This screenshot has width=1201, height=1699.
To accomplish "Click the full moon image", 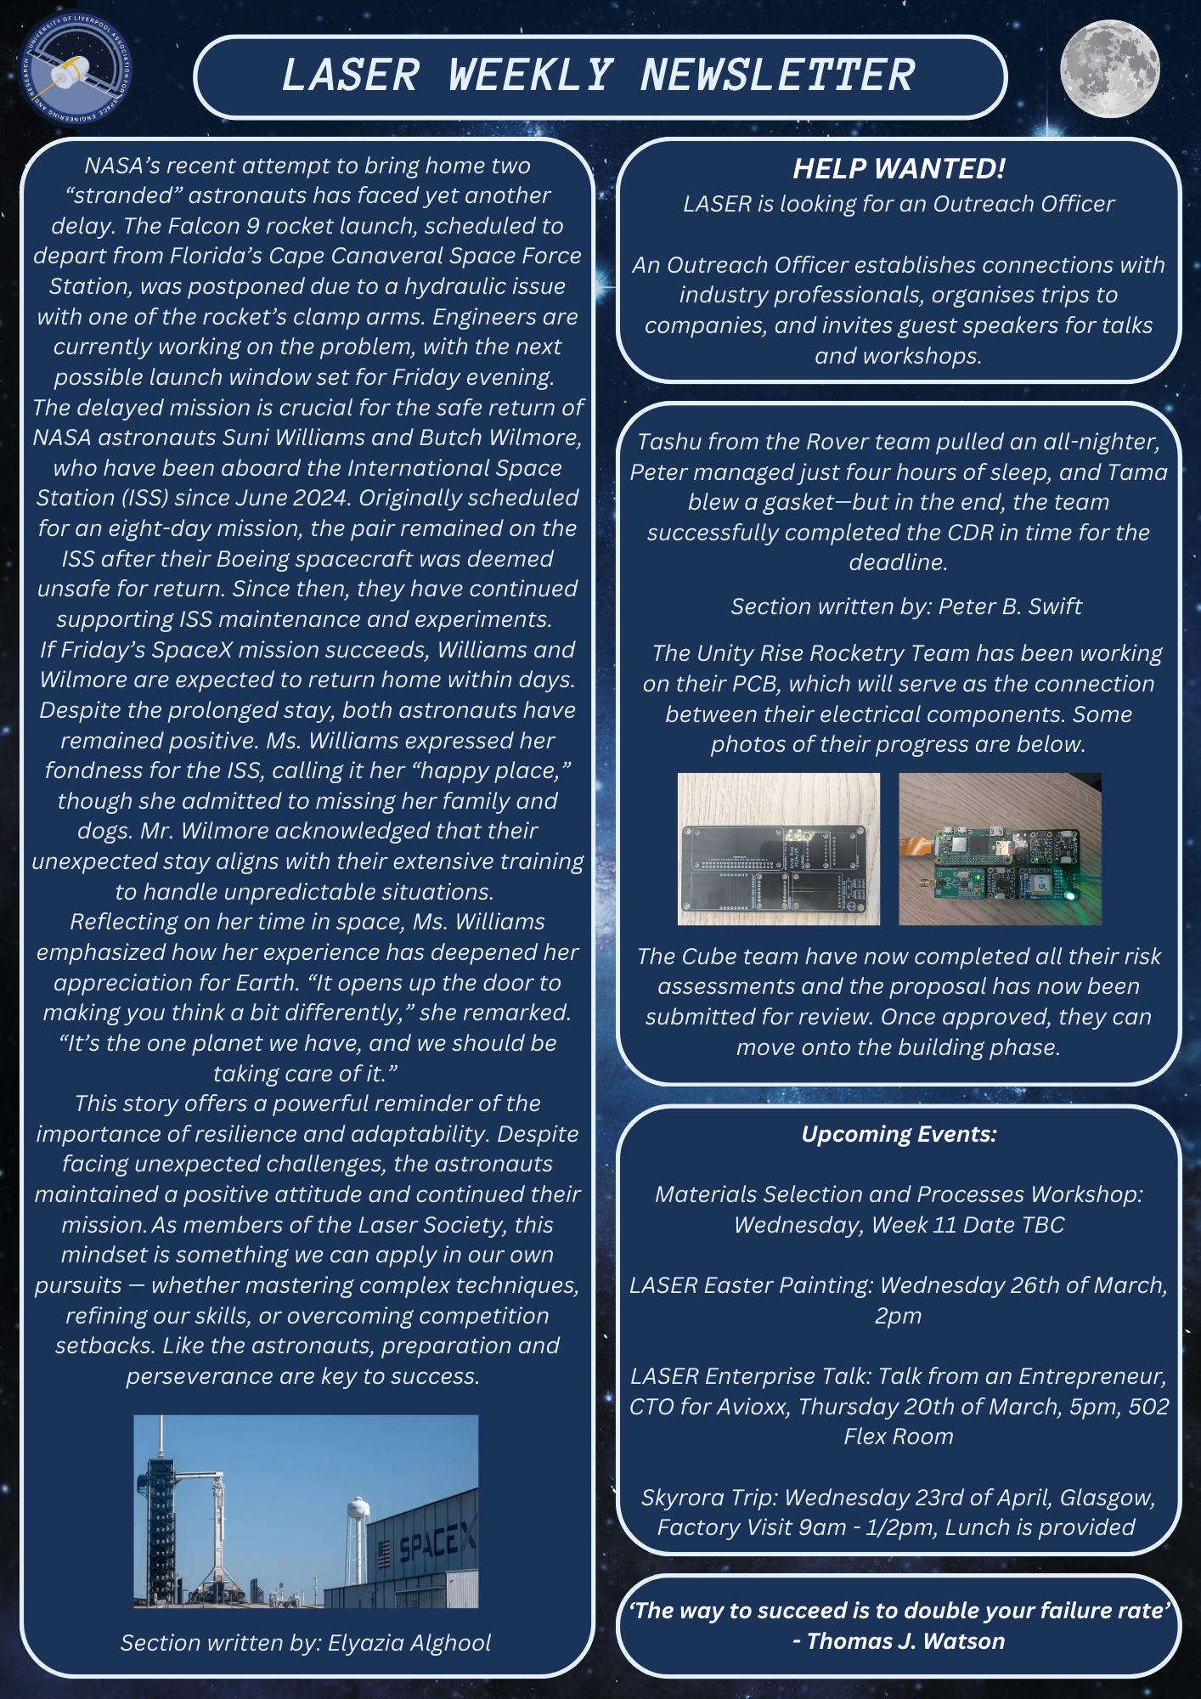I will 1109,68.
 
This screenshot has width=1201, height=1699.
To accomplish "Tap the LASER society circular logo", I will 76,69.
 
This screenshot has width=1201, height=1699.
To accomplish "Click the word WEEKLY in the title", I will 530,76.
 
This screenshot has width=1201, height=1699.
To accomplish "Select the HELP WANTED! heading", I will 899,168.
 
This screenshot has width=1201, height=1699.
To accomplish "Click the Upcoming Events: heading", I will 899,1134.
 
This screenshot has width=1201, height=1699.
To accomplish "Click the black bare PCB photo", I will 779,849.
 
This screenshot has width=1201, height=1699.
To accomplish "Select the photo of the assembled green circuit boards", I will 1000,849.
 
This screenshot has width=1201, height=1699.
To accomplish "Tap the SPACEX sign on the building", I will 437,1539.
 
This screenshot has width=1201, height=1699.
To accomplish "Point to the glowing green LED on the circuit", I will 1069,895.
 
